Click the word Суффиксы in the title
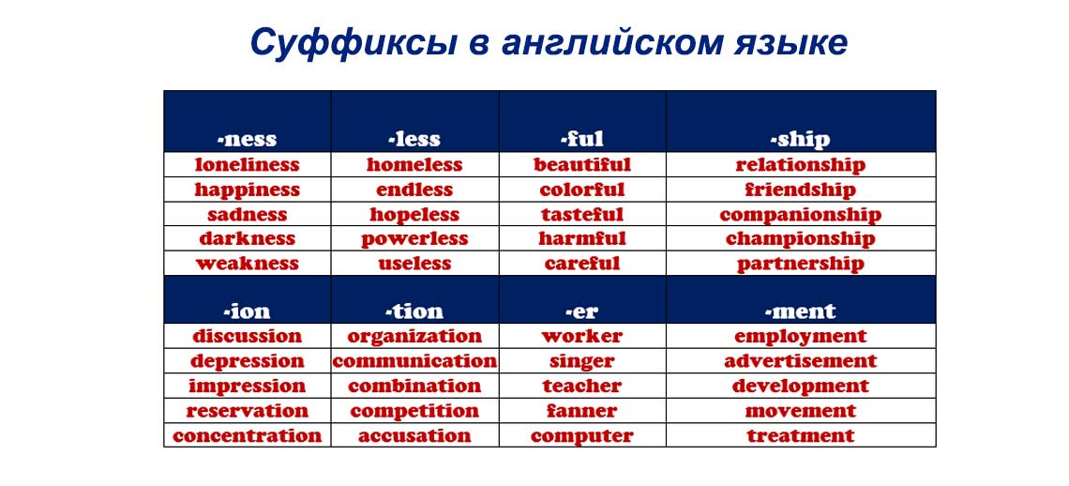354,43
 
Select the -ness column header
247,139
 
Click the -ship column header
801,139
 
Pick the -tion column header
414,311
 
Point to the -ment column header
801,311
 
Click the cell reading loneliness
247,164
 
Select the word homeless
414,164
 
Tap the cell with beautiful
582,164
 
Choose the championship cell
801,239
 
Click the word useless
414,264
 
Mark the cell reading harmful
582,239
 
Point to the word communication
414,361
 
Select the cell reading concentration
247,435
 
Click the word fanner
582,411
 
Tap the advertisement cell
801,361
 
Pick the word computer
582,435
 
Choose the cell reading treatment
801,435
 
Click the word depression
247,361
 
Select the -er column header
582,311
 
